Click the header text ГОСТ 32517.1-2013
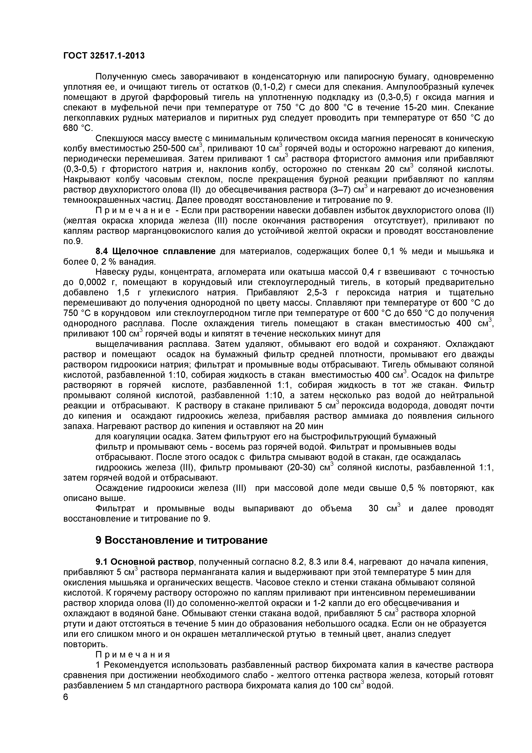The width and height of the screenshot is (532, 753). coord(104,56)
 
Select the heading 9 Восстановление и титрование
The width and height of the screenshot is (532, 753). coord(181,540)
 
